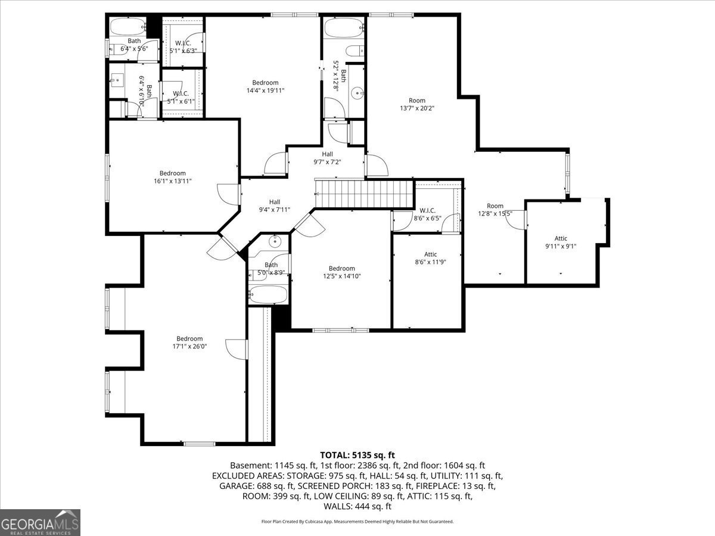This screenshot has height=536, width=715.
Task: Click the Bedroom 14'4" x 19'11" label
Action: [x=265, y=86]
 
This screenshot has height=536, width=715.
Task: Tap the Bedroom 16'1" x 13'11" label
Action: [x=172, y=177]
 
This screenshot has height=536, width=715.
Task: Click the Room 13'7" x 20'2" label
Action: [x=417, y=104]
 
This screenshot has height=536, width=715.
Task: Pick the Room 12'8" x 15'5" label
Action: [x=495, y=210]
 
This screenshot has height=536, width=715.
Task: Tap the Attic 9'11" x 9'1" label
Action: [x=561, y=242]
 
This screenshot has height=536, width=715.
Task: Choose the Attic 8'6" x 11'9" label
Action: [x=430, y=258]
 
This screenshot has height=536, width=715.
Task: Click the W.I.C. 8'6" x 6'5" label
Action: [x=427, y=214]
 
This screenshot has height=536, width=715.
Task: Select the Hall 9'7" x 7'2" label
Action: [x=327, y=158]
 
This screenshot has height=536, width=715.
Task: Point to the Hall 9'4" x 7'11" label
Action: [x=274, y=205]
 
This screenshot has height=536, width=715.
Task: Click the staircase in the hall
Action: [x=364, y=193]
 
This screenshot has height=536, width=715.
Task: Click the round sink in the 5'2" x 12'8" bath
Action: [x=357, y=92]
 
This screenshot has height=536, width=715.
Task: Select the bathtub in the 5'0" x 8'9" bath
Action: [x=268, y=293]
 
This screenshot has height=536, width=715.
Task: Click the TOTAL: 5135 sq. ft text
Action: [x=357, y=454]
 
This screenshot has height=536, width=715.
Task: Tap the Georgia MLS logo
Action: [x=41, y=522]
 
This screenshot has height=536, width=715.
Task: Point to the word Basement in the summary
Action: [x=250, y=465]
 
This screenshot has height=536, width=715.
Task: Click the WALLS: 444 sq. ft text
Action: [x=357, y=506]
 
